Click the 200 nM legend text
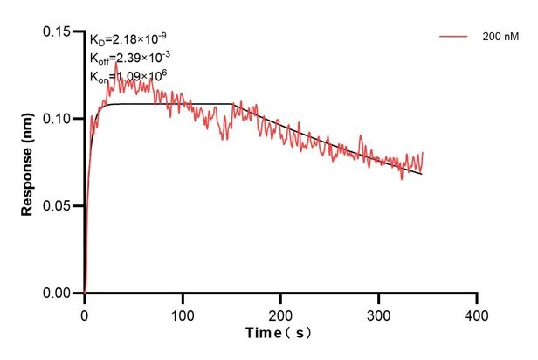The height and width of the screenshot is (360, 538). (x=498, y=38)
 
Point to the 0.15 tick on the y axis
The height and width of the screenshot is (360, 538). (x=62, y=31)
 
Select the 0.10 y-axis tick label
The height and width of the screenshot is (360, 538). (x=62, y=119)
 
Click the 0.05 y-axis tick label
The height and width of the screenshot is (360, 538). (x=62, y=206)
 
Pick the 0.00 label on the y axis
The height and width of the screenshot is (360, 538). (x=62, y=294)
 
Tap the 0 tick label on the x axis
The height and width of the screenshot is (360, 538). (x=85, y=311)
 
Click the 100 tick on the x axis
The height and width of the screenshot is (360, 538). (x=183, y=311)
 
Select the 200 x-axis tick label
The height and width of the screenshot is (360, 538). (x=280, y=311)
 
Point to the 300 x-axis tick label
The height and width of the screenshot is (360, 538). (x=378, y=311)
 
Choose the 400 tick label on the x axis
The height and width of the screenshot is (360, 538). (x=476, y=311)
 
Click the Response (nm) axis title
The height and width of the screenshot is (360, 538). (x=28, y=163)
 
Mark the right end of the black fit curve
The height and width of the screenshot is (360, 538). (x=422, y=174)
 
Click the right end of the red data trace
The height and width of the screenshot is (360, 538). (x=423, y=153)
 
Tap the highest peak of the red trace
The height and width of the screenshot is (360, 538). (x=116, y=63)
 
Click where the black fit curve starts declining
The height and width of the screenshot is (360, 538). (x=234, y=104)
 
